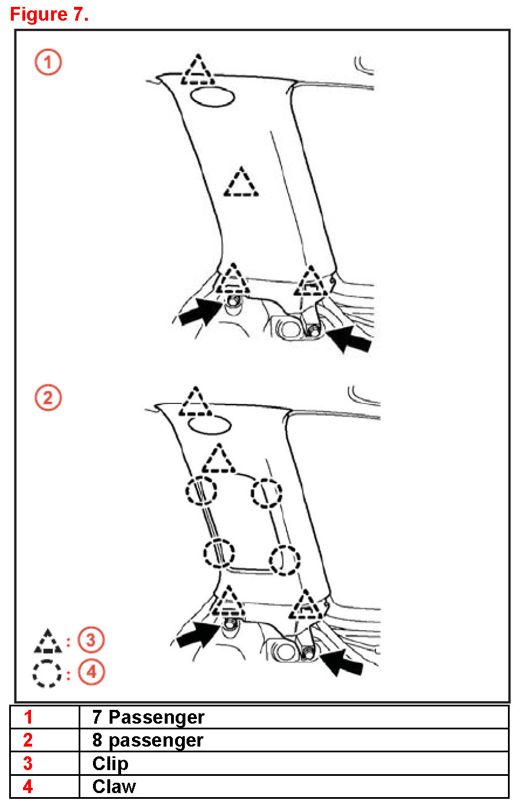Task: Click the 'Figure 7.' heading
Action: click(x=49, y=14)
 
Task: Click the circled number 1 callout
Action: click(x=48, y=62)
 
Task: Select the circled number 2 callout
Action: click(x=48, y=397)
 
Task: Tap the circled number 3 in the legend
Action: click(x=91, y=640)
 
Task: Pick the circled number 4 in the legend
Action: click(x=91, y=672)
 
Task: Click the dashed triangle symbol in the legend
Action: click(x=48, y=642)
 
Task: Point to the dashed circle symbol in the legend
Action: click(x=47, y=673)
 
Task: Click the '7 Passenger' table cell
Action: click(x=148, y=717)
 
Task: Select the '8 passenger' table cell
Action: click(x=148, y=740)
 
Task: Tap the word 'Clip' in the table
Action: click(x=110, y=764)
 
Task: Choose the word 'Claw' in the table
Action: click(x=114, y=787)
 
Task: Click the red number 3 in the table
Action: click(x=28, y=764)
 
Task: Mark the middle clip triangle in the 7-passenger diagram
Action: click(x=241, y=184)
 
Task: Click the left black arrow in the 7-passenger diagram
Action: click(x=199, y=312)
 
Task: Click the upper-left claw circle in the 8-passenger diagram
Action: click(x=201, y=491)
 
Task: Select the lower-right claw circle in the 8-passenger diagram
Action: click(x=285, y=560)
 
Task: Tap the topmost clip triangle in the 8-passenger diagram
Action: click(x=196, y=403)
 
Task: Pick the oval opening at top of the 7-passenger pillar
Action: click(x=212, y=98)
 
